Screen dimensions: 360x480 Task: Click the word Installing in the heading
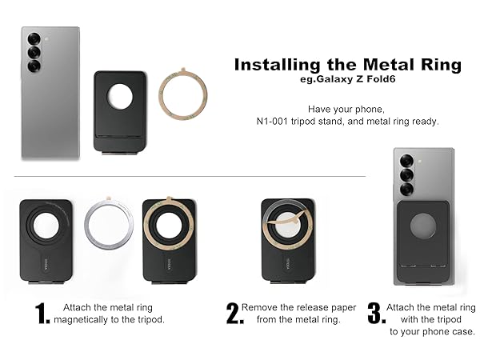click(x=270, y=65)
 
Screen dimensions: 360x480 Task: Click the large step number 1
click(x=43, y=314)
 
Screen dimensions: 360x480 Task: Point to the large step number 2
click(x=234, y=314)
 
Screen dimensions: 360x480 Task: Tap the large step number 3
click(x=374, y=314)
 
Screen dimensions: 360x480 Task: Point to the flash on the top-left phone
click(x=47, y=38)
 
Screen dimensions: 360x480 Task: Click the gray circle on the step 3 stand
click(x=423, y=226)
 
